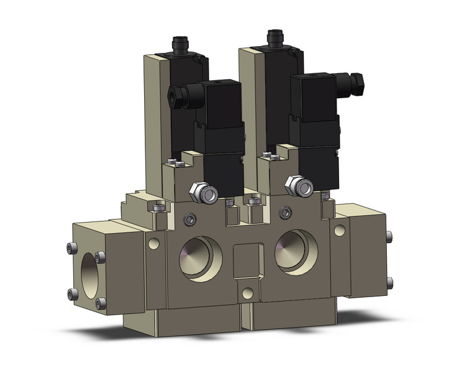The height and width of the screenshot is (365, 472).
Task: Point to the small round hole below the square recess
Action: click(248, 293)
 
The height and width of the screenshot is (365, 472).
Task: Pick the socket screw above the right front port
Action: click(285, 213)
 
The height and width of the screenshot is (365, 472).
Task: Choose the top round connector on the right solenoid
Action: click(274, 37)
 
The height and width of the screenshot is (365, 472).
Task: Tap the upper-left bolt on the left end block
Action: click(70, 249)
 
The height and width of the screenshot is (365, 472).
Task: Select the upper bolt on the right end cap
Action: click(389, 236)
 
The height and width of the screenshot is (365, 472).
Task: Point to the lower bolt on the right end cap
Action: click(389, 282)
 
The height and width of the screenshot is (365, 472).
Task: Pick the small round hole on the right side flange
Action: click(338, 230)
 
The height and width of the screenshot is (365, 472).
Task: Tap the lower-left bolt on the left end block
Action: click(70, 294)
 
